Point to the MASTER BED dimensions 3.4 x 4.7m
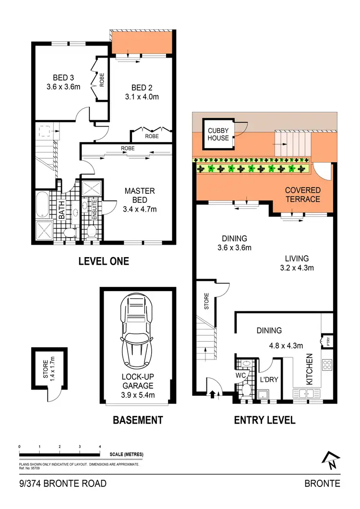click(x=140, y=209)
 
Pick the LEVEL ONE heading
click(x=104, y=261)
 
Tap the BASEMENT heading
click(x=138, y=420)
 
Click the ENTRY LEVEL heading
click(x=264, y=420)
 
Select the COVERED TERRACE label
click(x=302, y=194)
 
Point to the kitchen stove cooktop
click(x=327, y=365)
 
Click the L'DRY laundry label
click(x=269, y=379)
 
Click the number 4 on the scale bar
click(x=99, y=447)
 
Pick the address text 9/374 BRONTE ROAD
click(x=63, y=483)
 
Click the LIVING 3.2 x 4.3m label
click(x=297, y=263)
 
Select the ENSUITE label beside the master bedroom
click(x=95, y=209)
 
